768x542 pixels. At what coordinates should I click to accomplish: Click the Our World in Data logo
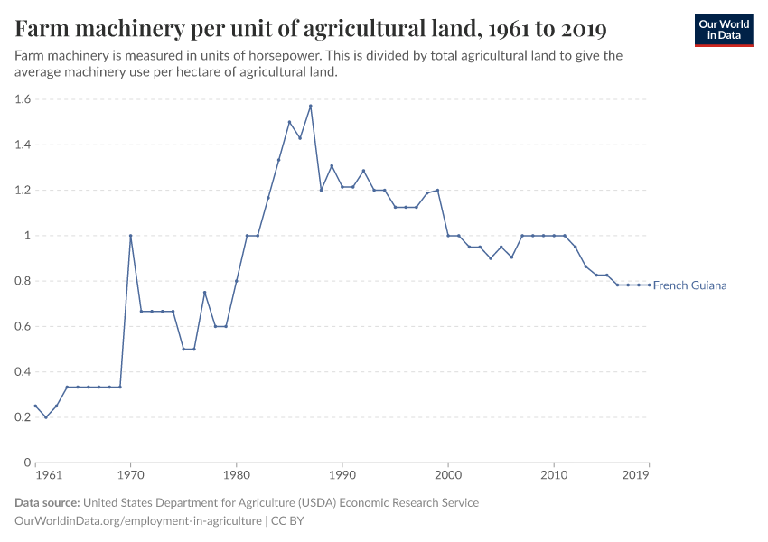point(724,30)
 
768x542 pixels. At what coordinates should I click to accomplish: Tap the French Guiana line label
point(689,285)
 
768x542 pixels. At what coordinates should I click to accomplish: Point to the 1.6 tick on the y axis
point(22,99)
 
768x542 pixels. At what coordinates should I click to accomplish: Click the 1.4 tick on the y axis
point(22,145)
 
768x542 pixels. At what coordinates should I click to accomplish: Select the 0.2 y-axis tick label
point(22,417)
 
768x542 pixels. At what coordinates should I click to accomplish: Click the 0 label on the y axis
point(28,463)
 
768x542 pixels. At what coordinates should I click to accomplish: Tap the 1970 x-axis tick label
point(131,474)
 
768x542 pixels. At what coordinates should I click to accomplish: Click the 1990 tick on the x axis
point(342,474)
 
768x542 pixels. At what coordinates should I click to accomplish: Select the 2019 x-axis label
point(636,474)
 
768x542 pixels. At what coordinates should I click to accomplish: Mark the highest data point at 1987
point(310,106)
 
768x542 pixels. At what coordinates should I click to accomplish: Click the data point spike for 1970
point(131,236)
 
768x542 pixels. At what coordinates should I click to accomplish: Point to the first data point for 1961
point(35,406)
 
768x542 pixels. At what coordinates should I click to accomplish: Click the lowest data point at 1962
point(46,417)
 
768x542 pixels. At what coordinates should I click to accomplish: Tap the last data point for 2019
point(649,285)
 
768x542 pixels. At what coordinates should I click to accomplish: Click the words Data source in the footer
point(47,502)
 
